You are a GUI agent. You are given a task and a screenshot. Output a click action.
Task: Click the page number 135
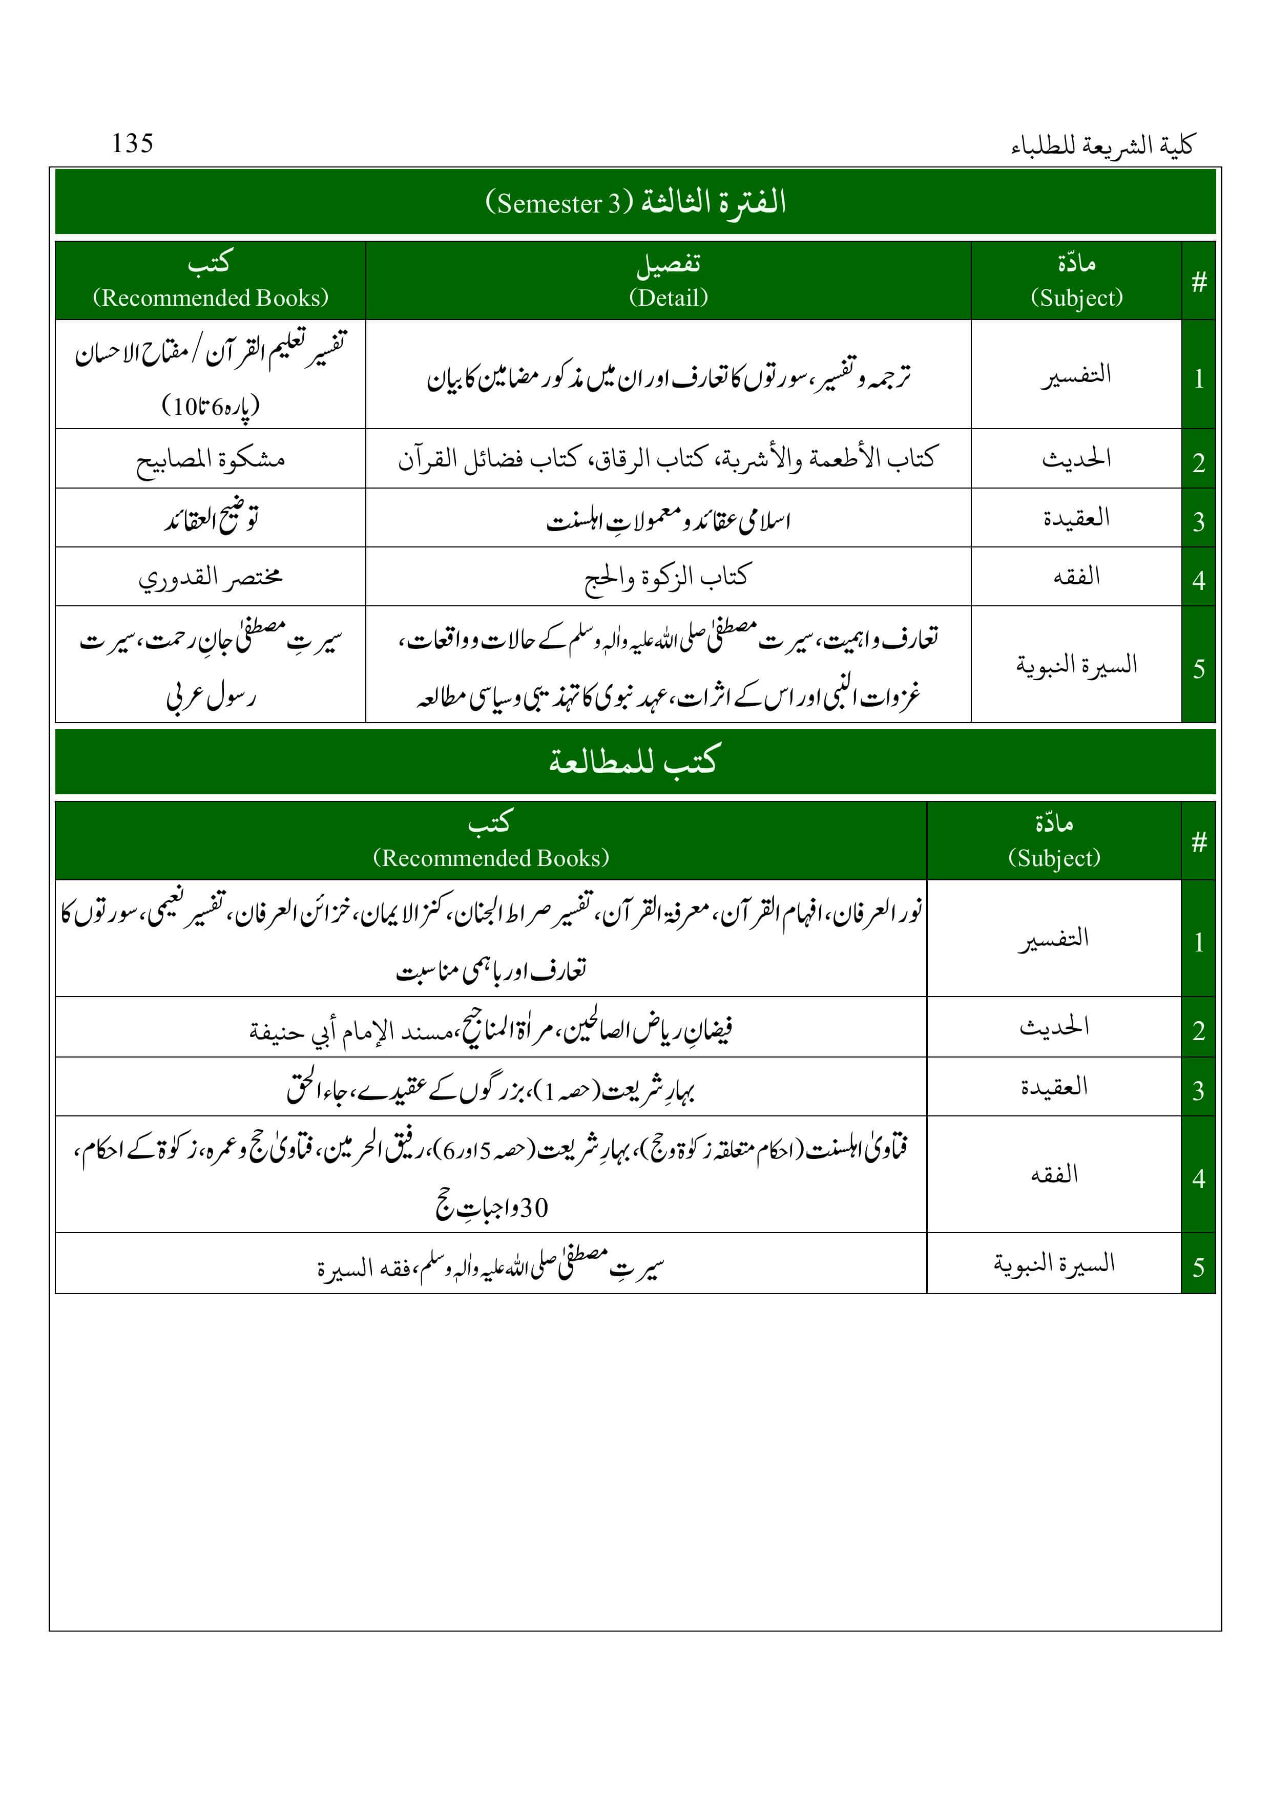coord(132,143)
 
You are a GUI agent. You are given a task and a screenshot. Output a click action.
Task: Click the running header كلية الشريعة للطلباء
coord(1102,145)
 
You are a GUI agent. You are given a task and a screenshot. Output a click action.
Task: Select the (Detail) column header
coord(668,298)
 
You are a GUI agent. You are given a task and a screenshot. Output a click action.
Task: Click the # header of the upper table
coord(1198,281)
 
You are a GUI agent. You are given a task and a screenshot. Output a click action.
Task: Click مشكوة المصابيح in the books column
coord(211,459)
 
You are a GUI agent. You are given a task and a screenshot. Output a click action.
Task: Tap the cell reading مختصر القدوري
coord(211,577)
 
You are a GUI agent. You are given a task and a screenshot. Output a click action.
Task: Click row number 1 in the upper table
coord(1198,379)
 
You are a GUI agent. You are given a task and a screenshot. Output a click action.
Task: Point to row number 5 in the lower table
coord(1198,1266)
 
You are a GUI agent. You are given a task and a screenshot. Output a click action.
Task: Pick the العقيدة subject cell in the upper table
coord(1076,517)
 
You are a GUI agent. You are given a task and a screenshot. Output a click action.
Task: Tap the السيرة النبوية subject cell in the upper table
coord(1076,665)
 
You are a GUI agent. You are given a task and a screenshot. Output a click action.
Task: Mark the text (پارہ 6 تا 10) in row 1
coord(211,406)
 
